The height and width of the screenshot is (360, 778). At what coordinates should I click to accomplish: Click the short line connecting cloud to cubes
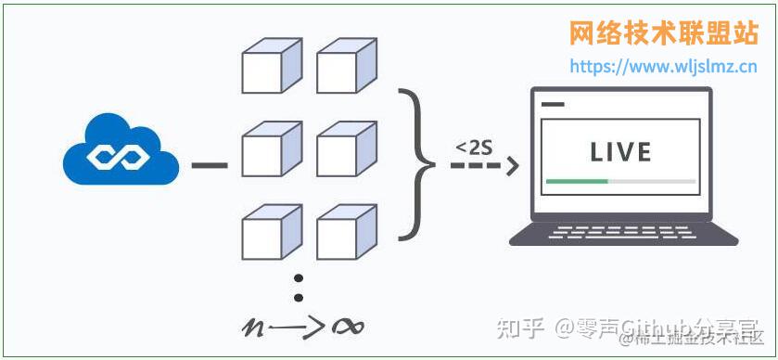pyautogui.click(x=209, y=167)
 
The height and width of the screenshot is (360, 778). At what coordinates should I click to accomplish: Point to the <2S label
pyautogui.click(x=474, y=147)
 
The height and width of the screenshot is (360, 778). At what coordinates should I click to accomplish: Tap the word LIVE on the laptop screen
pyautogui.click(x=620, y=152)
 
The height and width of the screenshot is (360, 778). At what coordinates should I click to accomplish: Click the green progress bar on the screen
pyautogui.click(x=577, y=181)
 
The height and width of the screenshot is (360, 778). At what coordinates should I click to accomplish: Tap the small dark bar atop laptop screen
pyautogui.click(x=553, y=104)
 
